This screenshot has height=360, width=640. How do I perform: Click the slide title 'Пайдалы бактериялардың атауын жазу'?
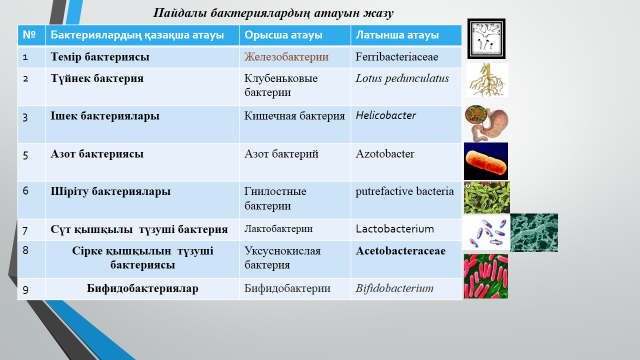(273, 13)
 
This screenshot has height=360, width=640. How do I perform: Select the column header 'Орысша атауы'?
(283, 35)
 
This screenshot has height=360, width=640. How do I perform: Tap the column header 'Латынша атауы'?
(397, 35)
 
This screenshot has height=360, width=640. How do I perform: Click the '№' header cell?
(29, 35)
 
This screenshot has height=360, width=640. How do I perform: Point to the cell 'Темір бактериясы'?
(100, 57)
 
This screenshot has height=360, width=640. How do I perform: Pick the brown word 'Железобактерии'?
(286, 57)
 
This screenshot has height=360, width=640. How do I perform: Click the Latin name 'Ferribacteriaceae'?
(397, 57)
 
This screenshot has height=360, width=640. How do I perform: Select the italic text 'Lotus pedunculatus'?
(402, 78)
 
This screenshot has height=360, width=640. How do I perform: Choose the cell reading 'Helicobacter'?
(386, 116)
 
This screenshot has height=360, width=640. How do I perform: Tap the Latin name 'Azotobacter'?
(385, 154)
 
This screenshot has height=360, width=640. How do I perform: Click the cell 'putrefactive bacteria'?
(404, 191)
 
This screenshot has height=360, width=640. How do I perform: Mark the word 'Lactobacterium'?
(395, 229)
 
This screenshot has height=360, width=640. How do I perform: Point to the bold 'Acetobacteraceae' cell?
(400, 251)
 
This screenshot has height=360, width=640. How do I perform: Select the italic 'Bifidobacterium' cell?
(394, 289)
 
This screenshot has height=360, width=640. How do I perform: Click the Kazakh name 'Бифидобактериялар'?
(142, 289)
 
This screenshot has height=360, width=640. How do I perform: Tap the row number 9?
(25, 290)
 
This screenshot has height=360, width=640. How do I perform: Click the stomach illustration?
(487, 123)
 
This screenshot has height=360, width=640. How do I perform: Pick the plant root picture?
(487, 80)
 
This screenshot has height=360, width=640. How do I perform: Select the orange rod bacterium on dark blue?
(486, 161)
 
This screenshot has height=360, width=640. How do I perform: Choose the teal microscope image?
(534, 233)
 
